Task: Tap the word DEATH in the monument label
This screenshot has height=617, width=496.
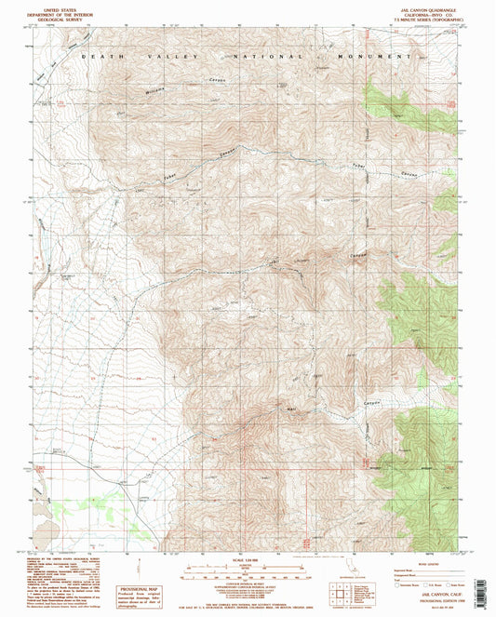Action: [x=95, y=58]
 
